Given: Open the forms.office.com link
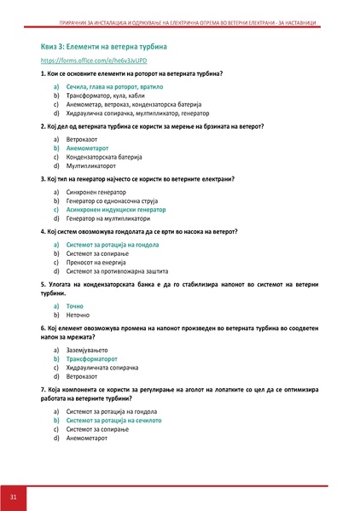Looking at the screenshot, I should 82,62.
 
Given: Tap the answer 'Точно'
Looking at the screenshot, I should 75,305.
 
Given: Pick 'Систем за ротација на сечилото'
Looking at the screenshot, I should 113,421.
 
